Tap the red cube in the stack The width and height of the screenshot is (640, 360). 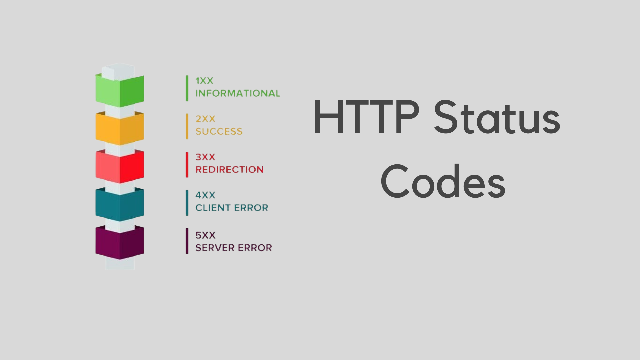[x=120, y=166]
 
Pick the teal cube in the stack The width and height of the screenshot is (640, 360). [x=120, y=204]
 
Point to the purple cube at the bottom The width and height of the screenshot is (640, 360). [x=120, y=242]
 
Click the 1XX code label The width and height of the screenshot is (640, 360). [x=204, y=81]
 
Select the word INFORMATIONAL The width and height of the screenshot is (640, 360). [x=238, y=93]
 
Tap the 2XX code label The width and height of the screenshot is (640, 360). [x=205, y=119]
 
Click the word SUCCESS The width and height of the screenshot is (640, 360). [x=219, y=131]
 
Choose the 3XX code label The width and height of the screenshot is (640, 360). [x=205, y=157]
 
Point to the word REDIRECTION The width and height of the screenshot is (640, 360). [x=229, y=170]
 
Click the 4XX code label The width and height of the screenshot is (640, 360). [x=205, y=195]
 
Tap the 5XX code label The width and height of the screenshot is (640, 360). [x=205, y=235]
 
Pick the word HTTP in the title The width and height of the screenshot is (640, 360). [x=366, y=117]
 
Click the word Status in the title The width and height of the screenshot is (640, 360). [x=497, y=117]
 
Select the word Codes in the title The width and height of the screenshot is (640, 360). [x=443, y=181]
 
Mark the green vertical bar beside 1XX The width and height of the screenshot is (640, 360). [x=187, y=88]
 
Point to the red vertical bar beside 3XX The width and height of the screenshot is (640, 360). [x=187, y=165]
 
